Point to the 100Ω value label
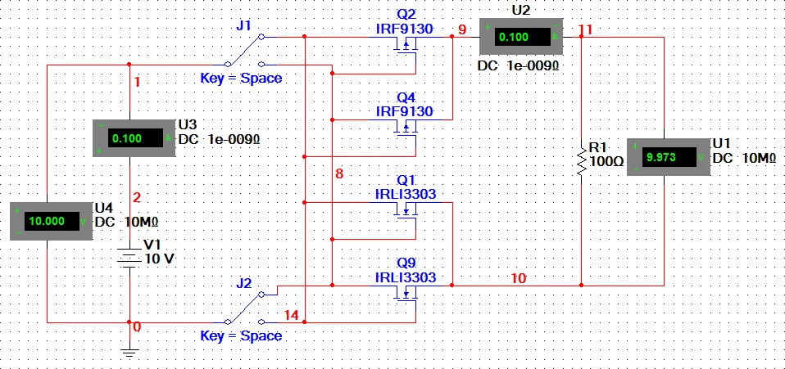pos(607,162)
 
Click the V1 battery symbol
pos(130,257)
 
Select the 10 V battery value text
pos(159,259)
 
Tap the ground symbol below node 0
pos(129,352)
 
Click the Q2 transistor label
pos(406,14)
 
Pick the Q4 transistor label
pos(406,97)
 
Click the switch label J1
pos(243,25)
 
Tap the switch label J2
pos(243,283)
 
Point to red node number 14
pos(291,315)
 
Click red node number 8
pos(338,173)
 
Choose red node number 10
pos(518,278)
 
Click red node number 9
pos(461,29)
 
